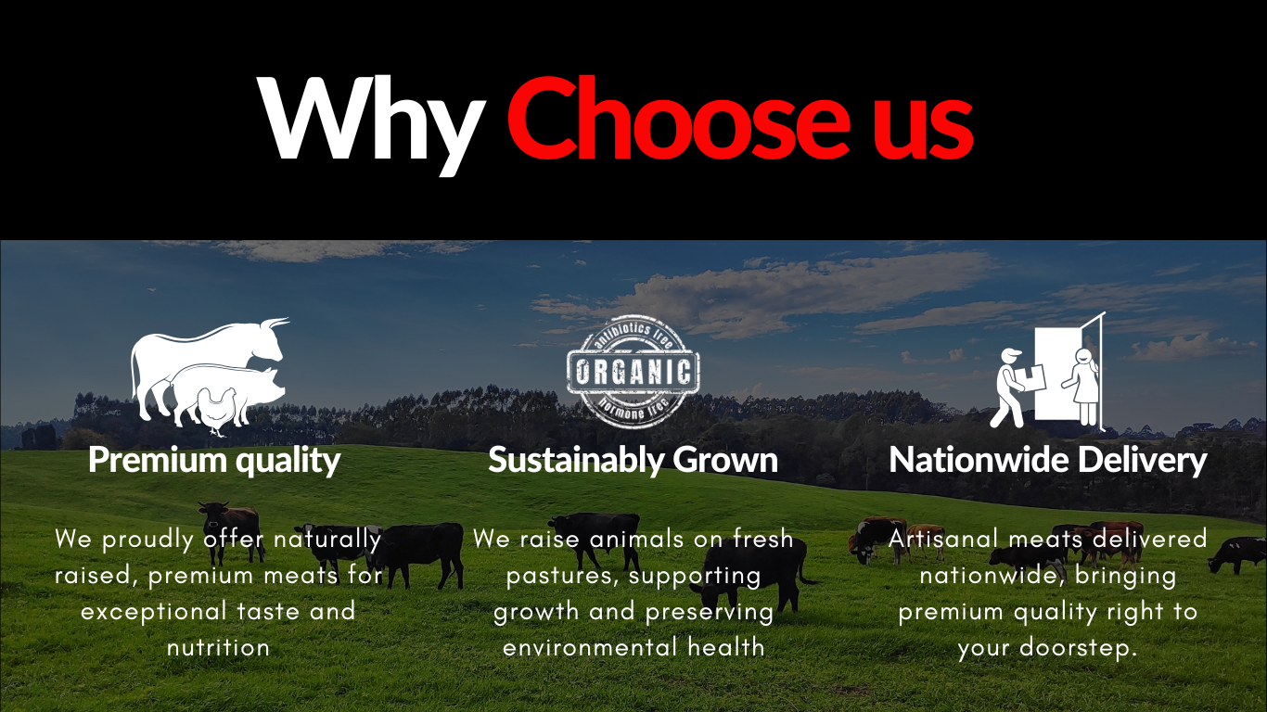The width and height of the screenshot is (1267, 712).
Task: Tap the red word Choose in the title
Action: pyautogui.click(x=678, y=118)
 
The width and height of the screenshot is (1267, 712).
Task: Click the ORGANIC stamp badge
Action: pyautogui.click(x=633, y=371)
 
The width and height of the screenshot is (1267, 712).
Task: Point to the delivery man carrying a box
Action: pyautogui.click(x=1016, y=388)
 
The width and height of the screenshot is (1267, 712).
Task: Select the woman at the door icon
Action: pyautogui.click(x=1082, y=386)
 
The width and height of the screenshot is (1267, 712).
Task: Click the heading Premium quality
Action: pyautogui.click(x=214, y=461)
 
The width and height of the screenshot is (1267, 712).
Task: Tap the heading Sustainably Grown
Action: pyautogui.click(x=633, y=460)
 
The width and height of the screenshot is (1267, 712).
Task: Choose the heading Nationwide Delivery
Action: pyautogui.click(x=1047, y=460)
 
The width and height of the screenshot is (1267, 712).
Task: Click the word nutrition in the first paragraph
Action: pyautogui.click(x=218, y=647)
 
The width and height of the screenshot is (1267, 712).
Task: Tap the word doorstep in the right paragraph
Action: pyautogui.click(x=1078, y=648)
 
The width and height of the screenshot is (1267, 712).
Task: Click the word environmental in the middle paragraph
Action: pyautogui.click(x=590, y=647)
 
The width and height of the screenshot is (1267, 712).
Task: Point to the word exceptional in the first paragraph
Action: pyautogui.click(x=154, y=612)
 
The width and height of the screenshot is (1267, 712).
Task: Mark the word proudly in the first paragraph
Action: pyautogui.click(x=148, y=540)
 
